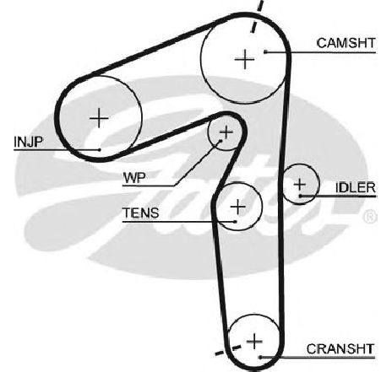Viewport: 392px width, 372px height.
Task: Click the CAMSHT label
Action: coord(346,43)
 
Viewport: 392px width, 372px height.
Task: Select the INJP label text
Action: coord(28,142)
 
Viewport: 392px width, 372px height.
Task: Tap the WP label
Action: coord(134,178)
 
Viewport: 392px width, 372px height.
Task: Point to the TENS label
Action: coord(140,213)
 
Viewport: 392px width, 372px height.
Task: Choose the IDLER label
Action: coord(356,187)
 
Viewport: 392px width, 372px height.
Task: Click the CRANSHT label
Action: coord(340,349)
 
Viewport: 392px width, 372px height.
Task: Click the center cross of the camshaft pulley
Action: coord(244,59)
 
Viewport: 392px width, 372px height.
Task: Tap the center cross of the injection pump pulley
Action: coord(99,118)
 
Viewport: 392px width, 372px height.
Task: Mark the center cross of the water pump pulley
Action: coord(226,132)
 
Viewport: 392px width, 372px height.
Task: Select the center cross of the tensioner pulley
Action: coord(238,207)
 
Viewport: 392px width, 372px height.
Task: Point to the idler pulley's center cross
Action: coord(299,185)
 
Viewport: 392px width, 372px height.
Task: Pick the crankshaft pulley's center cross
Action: coord(254,341)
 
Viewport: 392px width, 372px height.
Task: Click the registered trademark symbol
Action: coord(370,217)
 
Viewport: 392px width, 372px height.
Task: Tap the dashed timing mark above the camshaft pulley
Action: coord(257,17)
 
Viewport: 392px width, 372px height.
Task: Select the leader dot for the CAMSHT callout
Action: coord(265,51)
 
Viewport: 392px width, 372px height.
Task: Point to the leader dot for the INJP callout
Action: coord(100,150)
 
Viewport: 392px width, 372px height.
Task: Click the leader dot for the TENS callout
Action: coord(235,222)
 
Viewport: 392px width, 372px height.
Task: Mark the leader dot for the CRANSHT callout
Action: coord(261,358)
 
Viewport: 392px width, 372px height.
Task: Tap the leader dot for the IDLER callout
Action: coord(301,196)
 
